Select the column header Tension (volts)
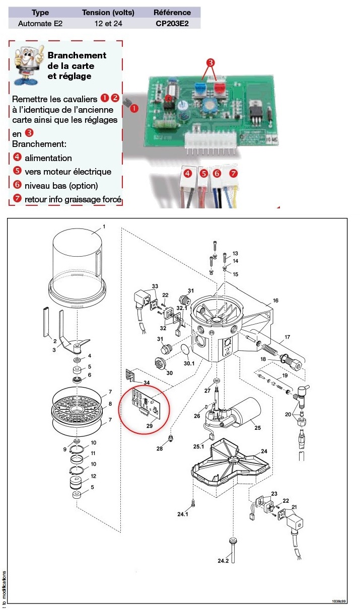(107, 12)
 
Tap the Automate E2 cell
(40, 23)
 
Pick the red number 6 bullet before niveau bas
(17, 185)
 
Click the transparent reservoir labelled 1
(78, 262)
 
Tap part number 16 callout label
(275, 300)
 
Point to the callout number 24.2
(223, 560)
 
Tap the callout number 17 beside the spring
(287, 337)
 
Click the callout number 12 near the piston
(93, 476)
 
